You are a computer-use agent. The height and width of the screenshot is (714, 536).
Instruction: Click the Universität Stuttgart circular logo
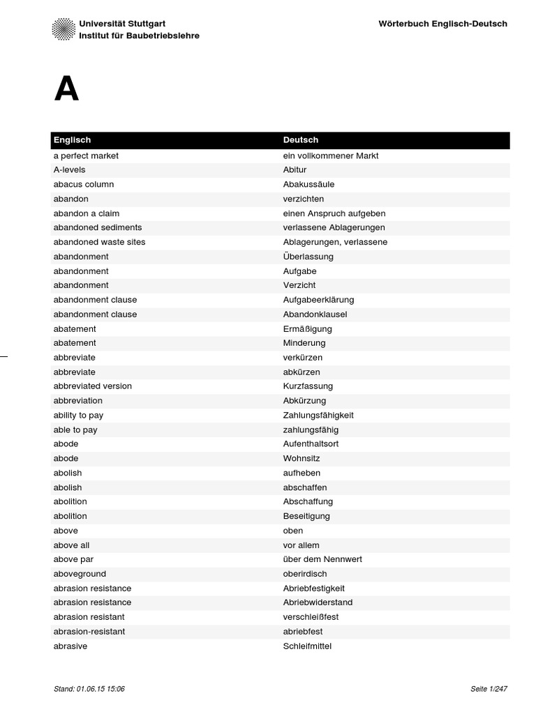coord(64,29)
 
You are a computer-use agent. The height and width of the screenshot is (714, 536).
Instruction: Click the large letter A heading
coord(66,90)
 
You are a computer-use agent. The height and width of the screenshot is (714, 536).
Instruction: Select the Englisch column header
coord(73,140)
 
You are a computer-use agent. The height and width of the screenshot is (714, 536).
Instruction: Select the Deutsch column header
coord(301,140)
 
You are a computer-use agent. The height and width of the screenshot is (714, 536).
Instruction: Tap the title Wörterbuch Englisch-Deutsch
coord(442,24)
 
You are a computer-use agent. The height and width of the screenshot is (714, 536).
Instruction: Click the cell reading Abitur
coord(295,170)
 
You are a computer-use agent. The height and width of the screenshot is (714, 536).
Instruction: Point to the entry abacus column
coord(84,185)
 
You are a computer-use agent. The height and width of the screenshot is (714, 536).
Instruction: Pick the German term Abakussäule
coord(308,185)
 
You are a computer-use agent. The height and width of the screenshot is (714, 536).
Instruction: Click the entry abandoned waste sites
coord(99,242)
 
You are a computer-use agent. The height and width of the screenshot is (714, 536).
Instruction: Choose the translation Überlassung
coord(308,257)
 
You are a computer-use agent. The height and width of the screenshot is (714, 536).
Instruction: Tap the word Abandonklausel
coord(315,314)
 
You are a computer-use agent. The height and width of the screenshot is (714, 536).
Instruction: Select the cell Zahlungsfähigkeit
coord(318,416)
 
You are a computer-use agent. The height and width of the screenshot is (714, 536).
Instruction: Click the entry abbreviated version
coord(93,386)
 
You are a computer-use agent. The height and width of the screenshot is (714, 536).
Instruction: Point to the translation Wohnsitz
coord(301,459)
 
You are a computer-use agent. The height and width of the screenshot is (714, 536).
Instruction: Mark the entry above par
coord(73,559)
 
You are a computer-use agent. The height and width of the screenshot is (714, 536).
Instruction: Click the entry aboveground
coord(80,574)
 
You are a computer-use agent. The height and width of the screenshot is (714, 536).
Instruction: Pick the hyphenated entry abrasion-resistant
coord(89,632)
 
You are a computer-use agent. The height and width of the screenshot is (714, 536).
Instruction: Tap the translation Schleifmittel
coord(307,646)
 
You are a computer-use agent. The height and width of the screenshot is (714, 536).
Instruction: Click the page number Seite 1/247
coord(489,689)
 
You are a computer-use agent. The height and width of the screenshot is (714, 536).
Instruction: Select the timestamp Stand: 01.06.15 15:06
coord(89,689)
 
